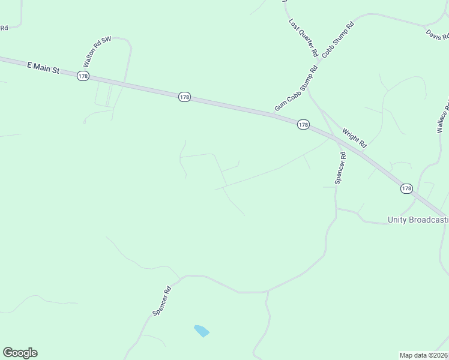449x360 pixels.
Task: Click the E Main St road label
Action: click(x=44, y=68)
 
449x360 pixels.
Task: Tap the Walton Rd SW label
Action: click(x=98, y=51)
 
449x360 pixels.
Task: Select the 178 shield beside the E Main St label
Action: click(x=83, y=76)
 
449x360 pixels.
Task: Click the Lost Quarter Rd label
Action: click(x=303, y=37)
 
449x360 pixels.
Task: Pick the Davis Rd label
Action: click(x=438, y=35)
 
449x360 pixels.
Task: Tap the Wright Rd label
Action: click(x=354, y=138)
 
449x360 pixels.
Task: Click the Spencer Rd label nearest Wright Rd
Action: click(x=341, y=167)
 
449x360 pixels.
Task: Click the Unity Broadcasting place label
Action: click(x=418, y=220)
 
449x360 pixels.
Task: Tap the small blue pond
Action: click(x=202, y=331)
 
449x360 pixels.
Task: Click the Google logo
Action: click(x=20, y=353)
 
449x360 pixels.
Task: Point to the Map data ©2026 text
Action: click(x=424, y=355)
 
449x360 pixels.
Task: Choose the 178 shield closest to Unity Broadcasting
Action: click(x=406, y=188)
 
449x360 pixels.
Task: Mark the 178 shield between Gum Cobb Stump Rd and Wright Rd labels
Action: click(x=303, y=124)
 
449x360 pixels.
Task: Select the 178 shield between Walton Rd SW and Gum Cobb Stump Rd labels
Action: click(x=184, y=97)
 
